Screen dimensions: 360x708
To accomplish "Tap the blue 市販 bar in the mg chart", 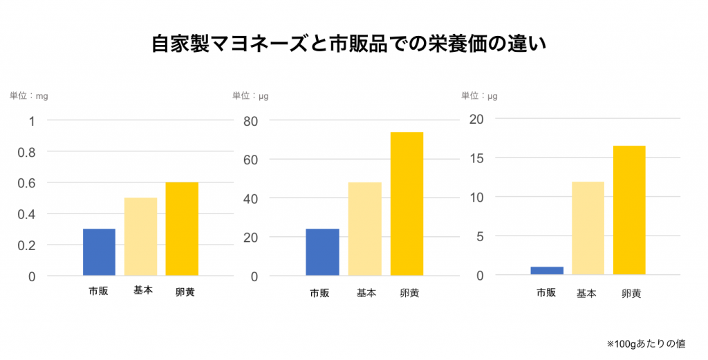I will click(99, 252).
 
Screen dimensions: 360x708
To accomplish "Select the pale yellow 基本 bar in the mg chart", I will click(140, 237).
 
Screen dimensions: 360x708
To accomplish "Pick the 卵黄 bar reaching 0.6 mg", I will click(182, 229).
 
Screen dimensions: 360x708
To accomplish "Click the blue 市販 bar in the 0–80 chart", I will click(322, 252).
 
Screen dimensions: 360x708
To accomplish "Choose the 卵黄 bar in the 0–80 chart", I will click(407, 204).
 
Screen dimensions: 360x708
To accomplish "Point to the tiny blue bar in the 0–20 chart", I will click(547, 271).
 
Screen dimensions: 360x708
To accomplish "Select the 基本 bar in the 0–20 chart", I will click(588, 228).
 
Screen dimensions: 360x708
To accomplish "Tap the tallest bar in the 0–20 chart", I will click(628, 210).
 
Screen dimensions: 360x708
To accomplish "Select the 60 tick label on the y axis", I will click(250, 160).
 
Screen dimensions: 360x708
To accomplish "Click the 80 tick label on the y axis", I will click(250, 122).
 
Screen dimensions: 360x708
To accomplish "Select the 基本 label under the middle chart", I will click(366, 293).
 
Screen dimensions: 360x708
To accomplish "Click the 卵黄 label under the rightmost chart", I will click(631, 293).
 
